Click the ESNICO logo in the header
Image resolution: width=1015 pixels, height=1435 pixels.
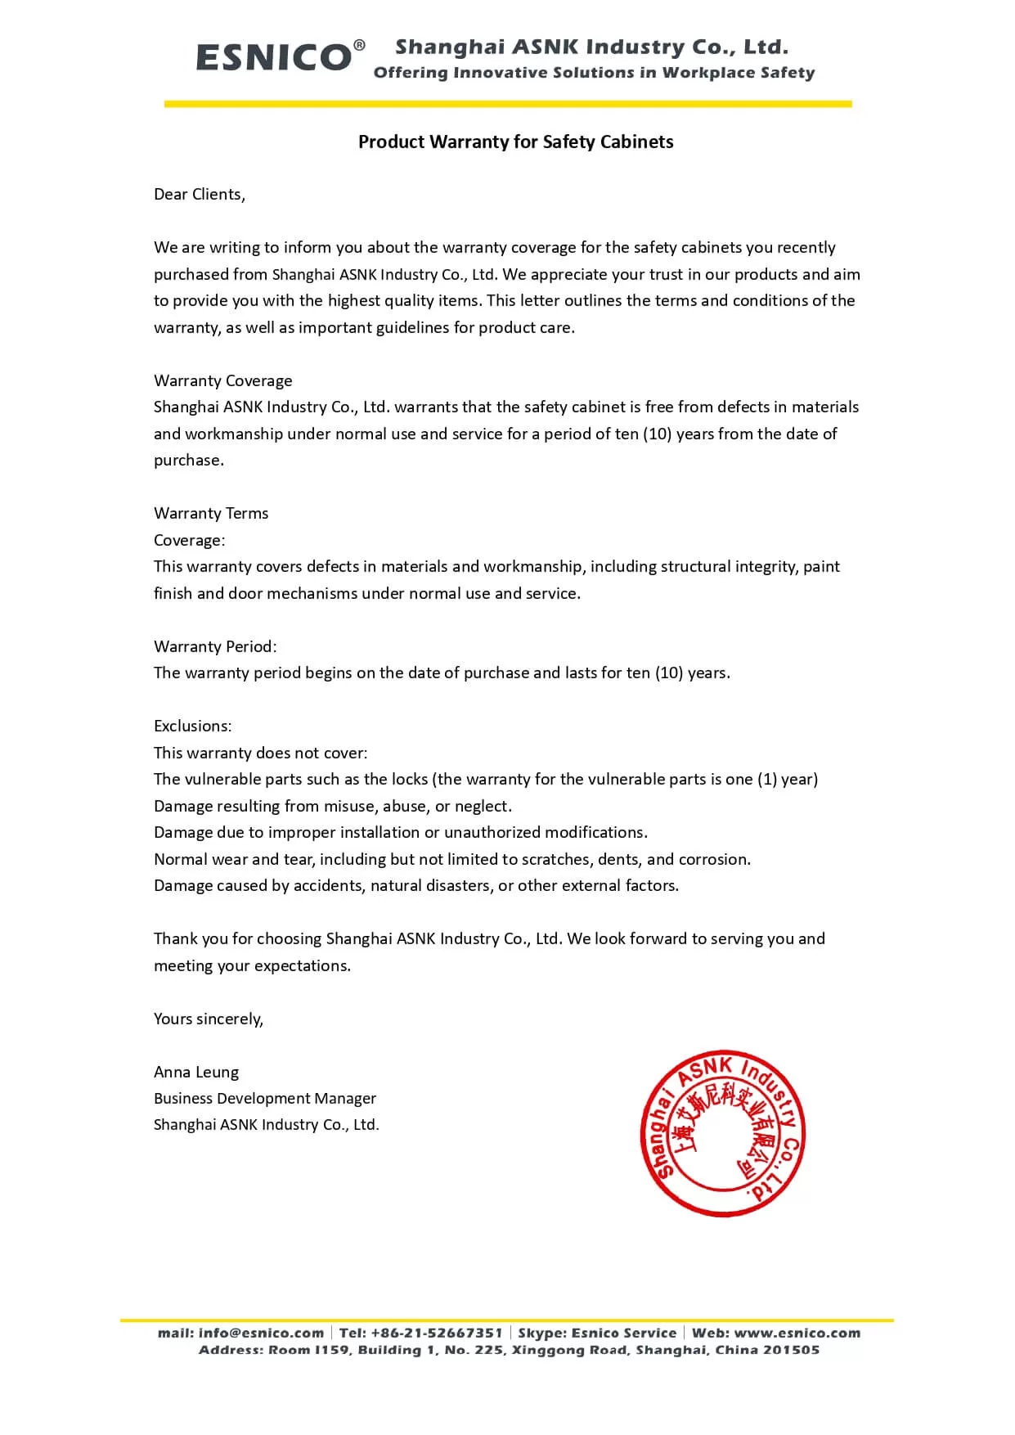(x=274, y=57)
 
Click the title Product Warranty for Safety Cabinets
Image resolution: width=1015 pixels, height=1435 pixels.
(x=515, y=142)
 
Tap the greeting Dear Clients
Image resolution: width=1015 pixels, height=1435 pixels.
(x=199, y=194)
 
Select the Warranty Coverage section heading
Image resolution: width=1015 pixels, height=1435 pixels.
(x=222, y=380)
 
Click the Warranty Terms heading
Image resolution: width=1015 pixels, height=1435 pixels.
(x=211, y=513)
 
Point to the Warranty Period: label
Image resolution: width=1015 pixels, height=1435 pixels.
(x=215, y=646)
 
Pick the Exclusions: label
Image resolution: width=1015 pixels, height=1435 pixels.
(x=192, y=726)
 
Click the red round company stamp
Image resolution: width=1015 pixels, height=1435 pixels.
(x=722, y=1133)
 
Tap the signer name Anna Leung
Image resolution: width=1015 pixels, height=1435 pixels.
(x=196, y=1072)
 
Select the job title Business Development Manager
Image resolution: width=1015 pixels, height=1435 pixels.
(x=265, y=1098)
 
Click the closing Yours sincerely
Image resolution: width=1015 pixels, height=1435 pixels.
(x=209, y=1019)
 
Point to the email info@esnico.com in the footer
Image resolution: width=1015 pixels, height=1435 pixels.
(x=261, y=1333)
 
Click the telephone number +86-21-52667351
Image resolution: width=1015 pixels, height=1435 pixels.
(x=436, y=1333)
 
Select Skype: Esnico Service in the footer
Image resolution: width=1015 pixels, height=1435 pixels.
(x=597, y=1333)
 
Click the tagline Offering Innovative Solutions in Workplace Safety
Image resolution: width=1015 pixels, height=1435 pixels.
(x=594, y=73)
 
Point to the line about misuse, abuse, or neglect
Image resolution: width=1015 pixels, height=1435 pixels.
(x=333, y=806)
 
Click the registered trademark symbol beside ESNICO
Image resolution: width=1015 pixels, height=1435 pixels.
(x=359, y=45)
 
